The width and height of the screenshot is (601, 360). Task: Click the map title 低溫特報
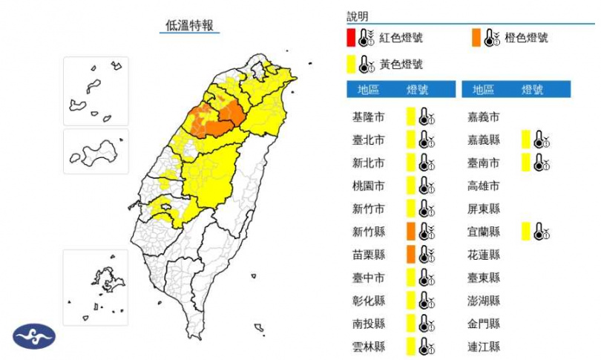click(189, 25)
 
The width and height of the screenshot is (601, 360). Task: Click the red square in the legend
click(350, 38)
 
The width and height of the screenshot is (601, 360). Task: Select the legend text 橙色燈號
click(526, 38)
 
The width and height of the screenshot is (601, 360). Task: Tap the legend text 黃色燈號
click(401, 65)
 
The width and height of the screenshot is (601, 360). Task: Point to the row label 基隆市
click(368, 117)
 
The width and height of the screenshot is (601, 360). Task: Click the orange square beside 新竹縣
click(410, 232)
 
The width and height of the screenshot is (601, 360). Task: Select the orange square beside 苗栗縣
click(410, 255)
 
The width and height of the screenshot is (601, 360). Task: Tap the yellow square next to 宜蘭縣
click(525, 232)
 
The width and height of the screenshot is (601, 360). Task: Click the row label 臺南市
click(483, 163)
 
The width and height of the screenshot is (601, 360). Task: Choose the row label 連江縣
click(483, 347)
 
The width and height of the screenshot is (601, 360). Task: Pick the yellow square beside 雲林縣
click(410, 347)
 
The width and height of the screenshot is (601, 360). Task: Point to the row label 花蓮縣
click(483, 255)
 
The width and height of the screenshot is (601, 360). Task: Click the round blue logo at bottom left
click(33, 336)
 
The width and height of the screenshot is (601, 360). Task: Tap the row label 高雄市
click(483, 186)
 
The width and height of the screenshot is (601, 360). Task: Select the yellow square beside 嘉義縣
click(525, 140)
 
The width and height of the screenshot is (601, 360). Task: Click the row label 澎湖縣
click(483, 301)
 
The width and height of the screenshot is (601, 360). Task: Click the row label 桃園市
click(368, 186)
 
